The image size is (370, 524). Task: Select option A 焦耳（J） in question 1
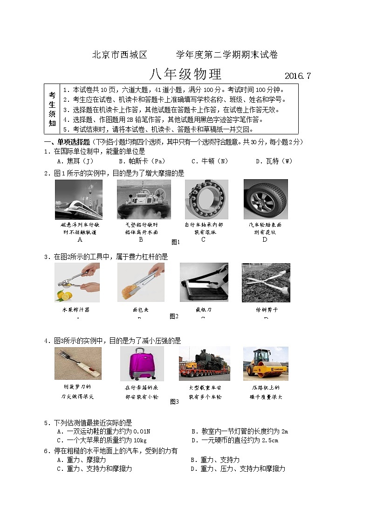[x=75, y=161]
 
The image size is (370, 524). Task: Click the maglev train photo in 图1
[x=79, y=199]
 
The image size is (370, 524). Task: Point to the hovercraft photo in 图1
[x=144, y=199]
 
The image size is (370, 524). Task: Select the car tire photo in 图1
[x=265, y=199]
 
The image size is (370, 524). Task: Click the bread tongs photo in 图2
[x=141, y=282]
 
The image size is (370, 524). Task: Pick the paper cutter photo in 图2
[x=204, y=282]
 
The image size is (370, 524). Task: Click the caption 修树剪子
[x=266, y=310]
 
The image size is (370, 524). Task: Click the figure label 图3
[x=174, y=401]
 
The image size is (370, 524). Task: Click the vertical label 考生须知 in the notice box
[x=52, y=109]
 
